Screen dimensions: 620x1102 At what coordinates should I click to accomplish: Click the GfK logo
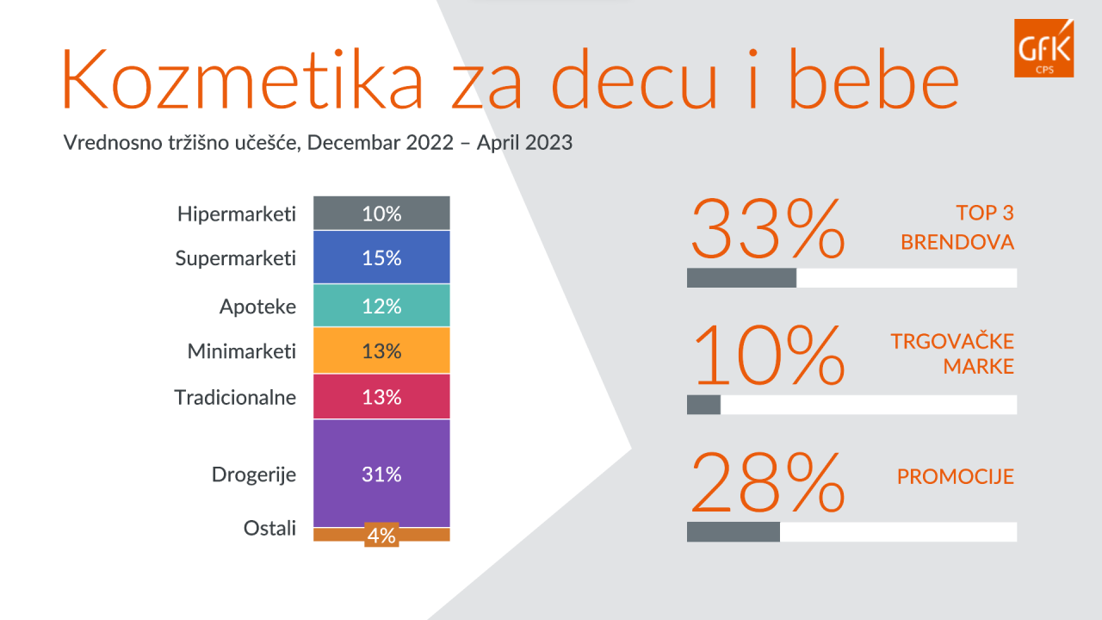(1043, 47)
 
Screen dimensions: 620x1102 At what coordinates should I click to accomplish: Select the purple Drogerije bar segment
(381, 473)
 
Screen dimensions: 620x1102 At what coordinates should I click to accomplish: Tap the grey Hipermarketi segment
(381, 214)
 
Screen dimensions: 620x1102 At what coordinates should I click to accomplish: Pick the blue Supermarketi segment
(381, 257)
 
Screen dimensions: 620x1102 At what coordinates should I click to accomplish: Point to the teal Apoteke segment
(381, 306)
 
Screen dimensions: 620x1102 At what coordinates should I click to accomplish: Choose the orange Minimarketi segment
(381, 350)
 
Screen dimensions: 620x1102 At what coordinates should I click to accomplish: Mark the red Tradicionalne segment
(381, 397)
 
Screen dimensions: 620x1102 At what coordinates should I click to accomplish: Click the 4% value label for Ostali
(381, 536)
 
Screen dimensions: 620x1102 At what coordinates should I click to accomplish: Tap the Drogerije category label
(254, 474)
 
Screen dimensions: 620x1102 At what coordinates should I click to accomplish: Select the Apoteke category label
(257, 307)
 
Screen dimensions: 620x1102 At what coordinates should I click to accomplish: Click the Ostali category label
(269, 528)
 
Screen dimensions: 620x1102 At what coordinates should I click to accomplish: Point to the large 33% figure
(767, 228)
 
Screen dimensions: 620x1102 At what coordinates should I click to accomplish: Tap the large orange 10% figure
(767, 355)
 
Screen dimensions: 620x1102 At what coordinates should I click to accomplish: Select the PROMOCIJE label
(956, 476)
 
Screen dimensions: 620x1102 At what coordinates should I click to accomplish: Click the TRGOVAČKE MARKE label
(952, 354)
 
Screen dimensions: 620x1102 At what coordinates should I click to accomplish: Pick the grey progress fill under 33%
(741, 278)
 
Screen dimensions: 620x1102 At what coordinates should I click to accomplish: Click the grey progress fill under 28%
(734, 532)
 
